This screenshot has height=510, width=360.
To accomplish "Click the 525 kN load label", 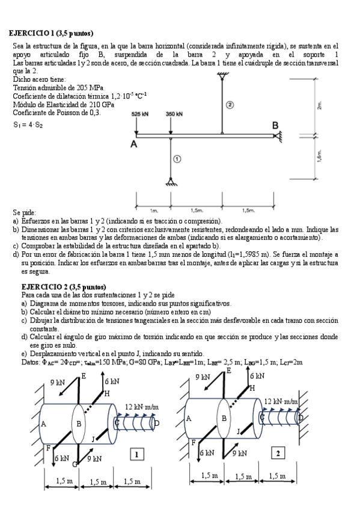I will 141,113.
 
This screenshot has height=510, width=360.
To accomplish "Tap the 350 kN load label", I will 174,113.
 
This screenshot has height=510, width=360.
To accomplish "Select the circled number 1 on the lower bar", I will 177,159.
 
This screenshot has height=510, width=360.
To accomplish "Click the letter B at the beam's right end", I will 275,125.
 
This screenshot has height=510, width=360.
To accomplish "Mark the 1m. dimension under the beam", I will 154,210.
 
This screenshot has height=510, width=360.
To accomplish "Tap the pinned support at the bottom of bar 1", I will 173,182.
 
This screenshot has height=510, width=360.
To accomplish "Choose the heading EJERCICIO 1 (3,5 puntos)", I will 51,32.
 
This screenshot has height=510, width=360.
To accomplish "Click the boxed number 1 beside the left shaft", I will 138,455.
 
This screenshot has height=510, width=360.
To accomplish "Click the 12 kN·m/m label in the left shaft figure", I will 141,407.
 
